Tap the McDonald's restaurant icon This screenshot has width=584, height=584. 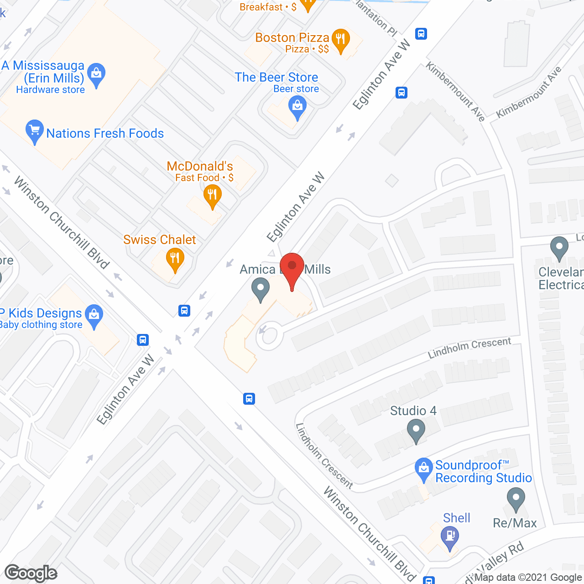(x=212, y=196)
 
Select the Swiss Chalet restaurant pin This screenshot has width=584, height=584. (x=175, y=259)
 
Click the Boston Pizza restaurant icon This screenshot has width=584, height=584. (x=340, y=40)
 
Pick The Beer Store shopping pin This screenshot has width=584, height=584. (x=297, y=108)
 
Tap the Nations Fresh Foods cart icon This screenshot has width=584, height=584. (x=35, y=131)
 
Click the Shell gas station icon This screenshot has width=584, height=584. (x=450, y=537)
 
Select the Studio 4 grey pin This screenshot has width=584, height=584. (x=416, y=430)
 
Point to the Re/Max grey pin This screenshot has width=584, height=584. (x=516, y=499)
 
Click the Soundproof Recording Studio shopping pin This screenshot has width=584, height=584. (x=424, y=468)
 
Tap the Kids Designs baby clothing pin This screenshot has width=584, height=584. (x=94, y=315)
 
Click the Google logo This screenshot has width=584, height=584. (x=31, y=573)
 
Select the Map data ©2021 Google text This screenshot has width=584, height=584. (x=528, y=578)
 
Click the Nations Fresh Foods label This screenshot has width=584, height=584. (x=105, y=133)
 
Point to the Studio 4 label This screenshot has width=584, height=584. (x=413, y=411)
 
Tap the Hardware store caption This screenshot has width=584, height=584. (x=50, y=90)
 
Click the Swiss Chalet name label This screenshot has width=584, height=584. (x=160, y=240)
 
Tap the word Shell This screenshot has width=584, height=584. (x=456, y=518)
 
